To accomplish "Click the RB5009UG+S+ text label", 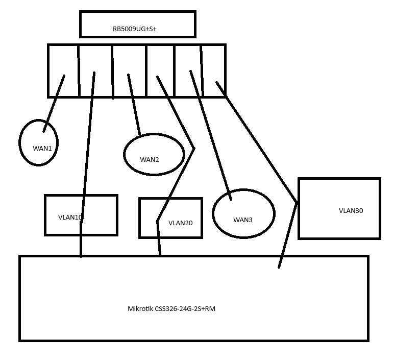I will (x=134, y=29).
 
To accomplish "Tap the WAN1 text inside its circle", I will (x=42, y=149).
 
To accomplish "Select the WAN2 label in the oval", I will (x=150, y=160).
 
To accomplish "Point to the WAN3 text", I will (x=243, y=220).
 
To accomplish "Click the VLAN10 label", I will (x=70, y=217).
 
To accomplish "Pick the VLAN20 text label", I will (x=180, y=223).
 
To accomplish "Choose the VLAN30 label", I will (x=351, y=210).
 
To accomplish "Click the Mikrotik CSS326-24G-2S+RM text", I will (x=171, y=309).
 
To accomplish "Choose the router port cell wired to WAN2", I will (x=129, y=61).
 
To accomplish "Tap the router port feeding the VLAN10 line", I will (x=95, y=61).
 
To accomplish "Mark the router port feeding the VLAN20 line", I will (x=160, y=61).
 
